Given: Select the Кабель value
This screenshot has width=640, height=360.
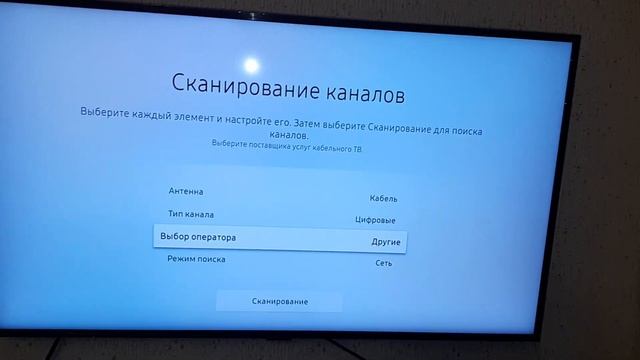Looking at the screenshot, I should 383,199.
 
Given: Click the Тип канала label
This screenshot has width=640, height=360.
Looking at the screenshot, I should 190,214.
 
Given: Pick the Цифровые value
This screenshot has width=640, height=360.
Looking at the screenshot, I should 375,220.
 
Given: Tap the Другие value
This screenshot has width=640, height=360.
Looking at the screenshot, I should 386,242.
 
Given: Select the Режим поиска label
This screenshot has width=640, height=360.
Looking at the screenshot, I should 196,259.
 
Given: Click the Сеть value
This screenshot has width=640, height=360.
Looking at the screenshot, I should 384,264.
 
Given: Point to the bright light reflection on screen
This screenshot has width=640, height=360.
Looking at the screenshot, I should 252,65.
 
